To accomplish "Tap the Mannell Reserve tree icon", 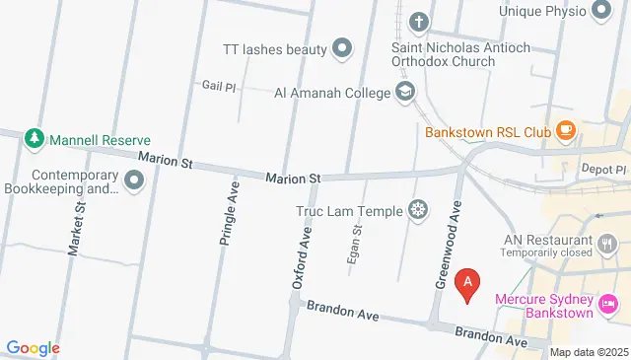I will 35,138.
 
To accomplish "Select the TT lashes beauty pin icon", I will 342,46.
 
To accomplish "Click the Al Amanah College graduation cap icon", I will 404,93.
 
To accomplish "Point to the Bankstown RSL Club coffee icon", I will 566,130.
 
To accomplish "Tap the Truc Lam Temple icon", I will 419,209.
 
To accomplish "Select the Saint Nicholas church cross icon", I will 419,22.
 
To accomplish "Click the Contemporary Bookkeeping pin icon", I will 134,180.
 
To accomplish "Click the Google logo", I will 33,347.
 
